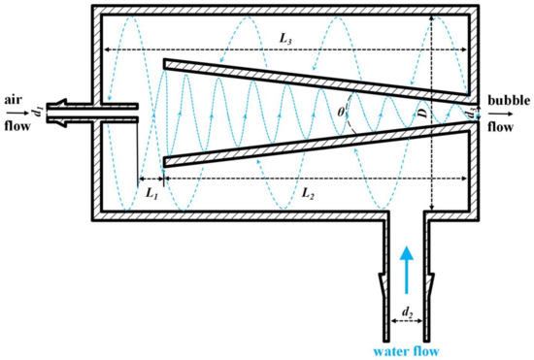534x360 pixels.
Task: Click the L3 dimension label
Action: (x=285, y=38)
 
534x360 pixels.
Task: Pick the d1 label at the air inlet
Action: (x=37, y=100)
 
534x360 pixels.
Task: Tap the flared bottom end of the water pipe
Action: (x=407, y=291)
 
